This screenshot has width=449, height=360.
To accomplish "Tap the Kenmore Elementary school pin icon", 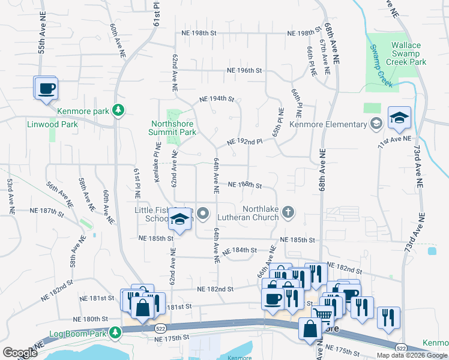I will [x=376, y=124].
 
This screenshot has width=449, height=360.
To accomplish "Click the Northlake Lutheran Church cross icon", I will [x=289, y=211].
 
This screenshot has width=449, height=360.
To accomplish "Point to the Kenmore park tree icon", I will [x=119, y=110].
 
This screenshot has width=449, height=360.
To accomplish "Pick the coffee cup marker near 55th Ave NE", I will [x=46, y=89].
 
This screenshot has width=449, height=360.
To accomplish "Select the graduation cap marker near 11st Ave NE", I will [x=399, y=119].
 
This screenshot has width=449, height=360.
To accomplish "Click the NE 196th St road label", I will [x=245, y=70].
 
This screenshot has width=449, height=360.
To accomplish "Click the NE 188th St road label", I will [x=245, y=185].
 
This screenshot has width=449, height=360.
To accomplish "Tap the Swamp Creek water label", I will [x=381, y=65].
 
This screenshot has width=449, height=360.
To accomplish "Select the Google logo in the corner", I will [x=20, y=353].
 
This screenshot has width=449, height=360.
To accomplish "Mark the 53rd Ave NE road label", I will [x=10, y=196].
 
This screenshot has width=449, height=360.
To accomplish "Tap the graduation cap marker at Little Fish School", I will [x=179, y=220].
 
